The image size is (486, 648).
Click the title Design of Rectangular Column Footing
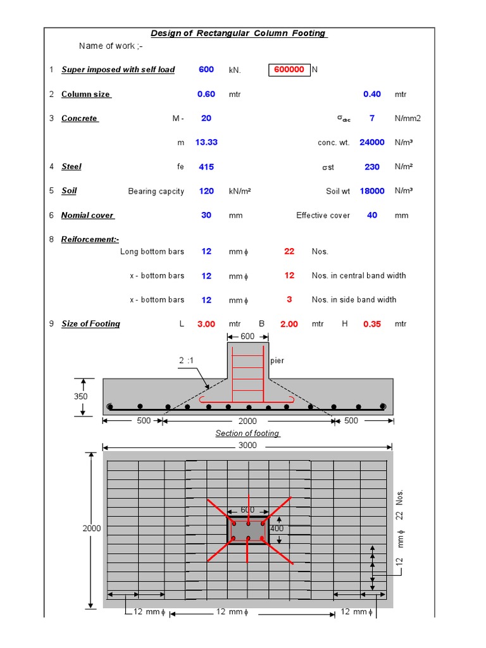(239, 34)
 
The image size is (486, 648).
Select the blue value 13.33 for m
(206, 142)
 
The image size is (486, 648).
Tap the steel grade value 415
(206, 167)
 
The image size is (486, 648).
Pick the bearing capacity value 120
(206, 191)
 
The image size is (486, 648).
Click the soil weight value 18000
(372, 191)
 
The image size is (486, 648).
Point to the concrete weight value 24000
(372, 142)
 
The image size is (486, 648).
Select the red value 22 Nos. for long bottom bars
(289, 251)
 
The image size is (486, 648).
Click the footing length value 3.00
(206, 324)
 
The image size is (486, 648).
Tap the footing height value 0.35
(372, 324)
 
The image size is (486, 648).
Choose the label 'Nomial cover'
(87, 215)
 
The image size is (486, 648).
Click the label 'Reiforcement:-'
(90, 239)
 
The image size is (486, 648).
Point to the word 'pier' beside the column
(277, 361)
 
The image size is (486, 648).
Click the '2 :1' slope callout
(186, 360)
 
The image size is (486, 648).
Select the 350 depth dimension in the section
(80, 397)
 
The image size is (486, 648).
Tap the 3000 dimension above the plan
(247, 445)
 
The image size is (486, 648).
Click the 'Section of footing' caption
(247, 433)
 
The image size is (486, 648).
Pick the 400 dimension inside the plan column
(277, 528)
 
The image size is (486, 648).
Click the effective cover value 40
(372, 215)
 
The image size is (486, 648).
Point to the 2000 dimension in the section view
(247, 421)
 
